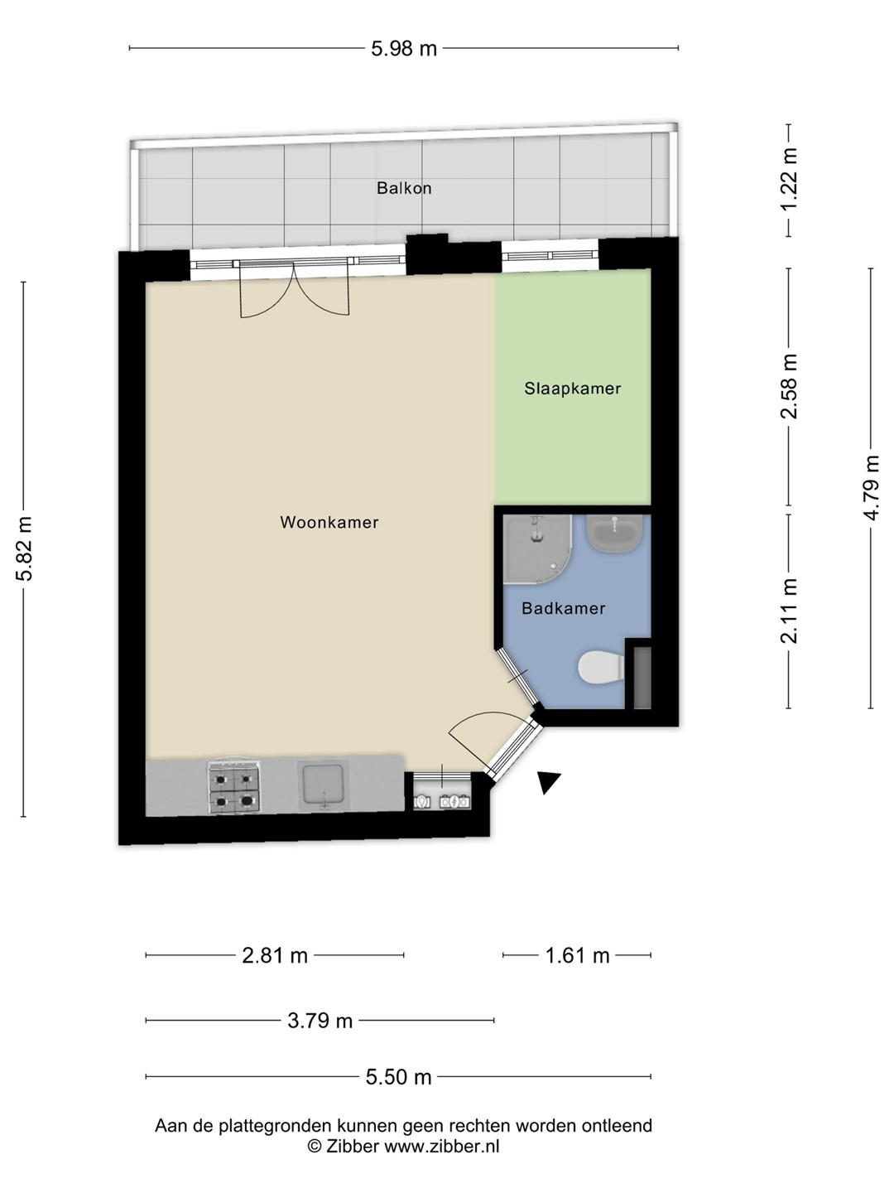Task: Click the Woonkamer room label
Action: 329,522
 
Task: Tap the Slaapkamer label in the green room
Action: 573,388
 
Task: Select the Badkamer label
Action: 564,607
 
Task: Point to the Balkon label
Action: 405,188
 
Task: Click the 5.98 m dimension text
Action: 404,49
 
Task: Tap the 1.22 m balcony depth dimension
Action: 789,179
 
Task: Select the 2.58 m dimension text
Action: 789,386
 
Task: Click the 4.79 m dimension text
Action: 872,487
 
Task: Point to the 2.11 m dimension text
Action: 789,611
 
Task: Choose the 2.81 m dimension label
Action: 275,956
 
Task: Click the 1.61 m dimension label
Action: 577,956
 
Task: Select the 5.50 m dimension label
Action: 398,1077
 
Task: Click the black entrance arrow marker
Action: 548,782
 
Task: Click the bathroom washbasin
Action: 614,534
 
